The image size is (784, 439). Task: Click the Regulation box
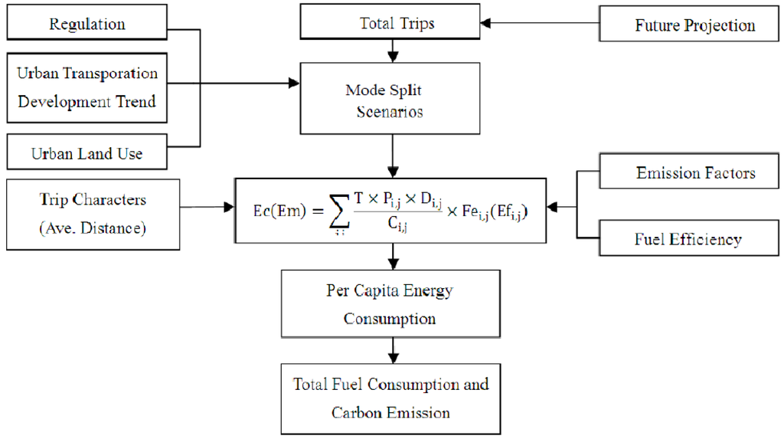click(87, 24)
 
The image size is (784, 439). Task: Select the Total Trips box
click(397, 23)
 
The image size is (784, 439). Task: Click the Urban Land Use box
click(87, 152)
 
